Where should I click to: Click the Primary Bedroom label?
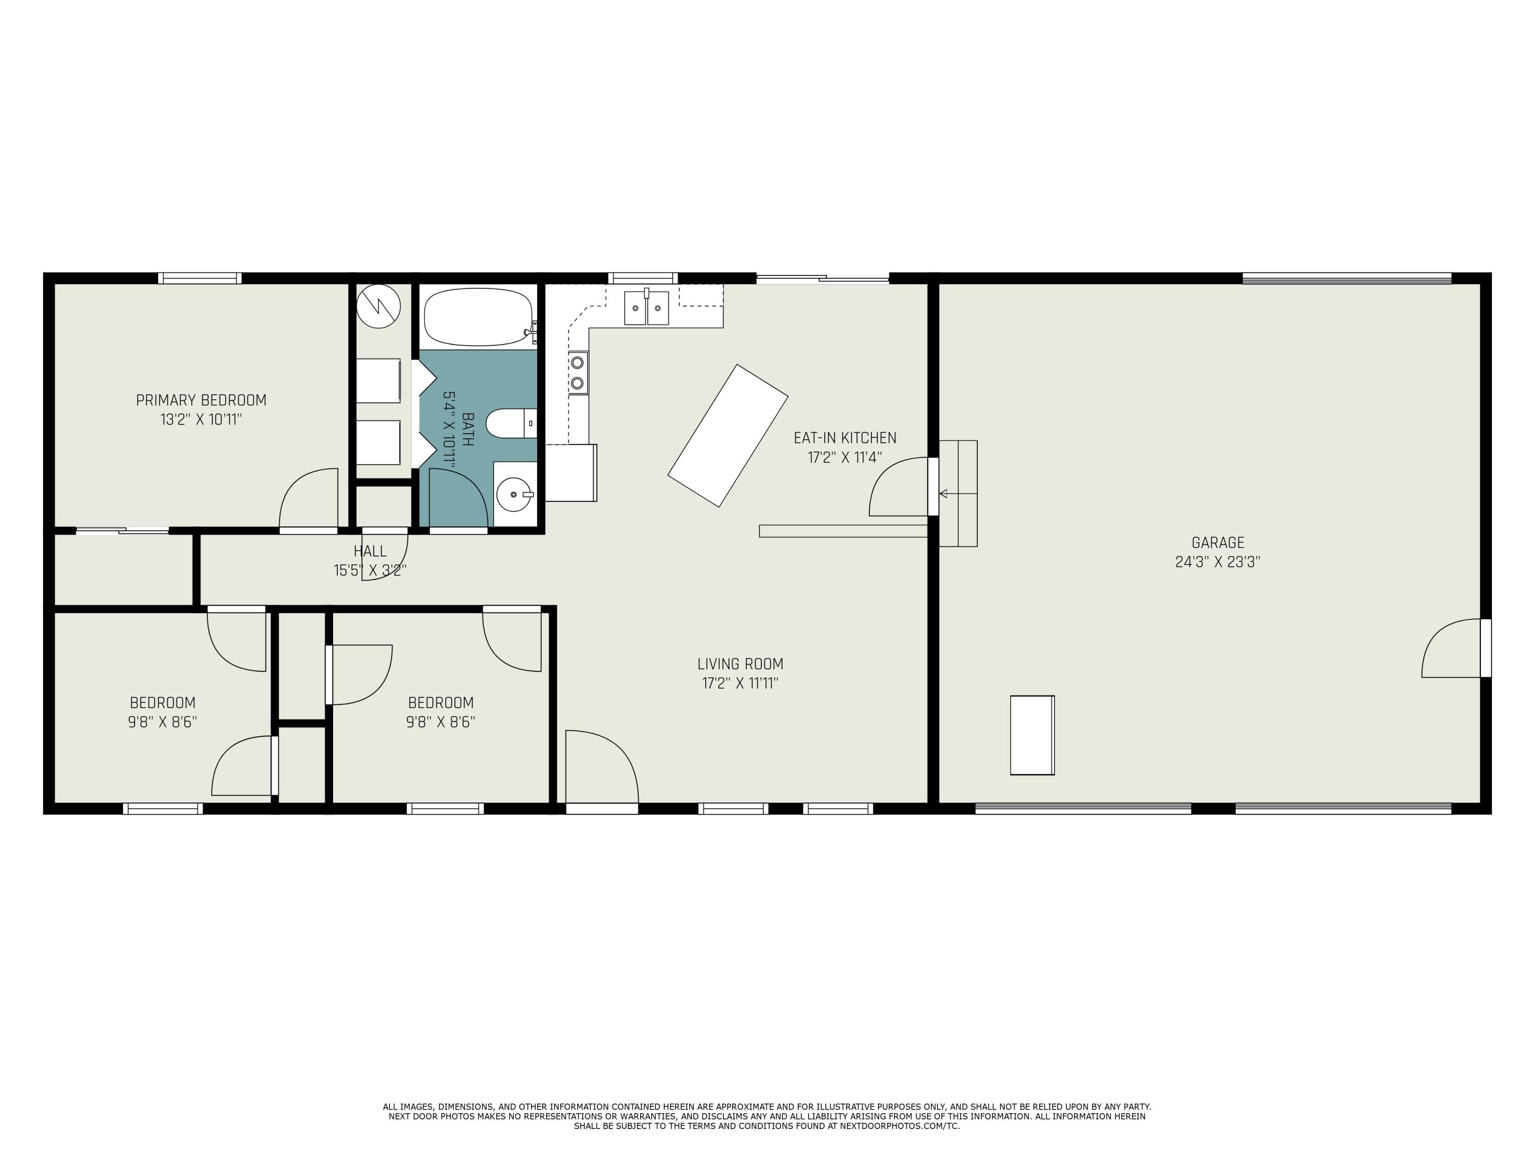click(201, 400)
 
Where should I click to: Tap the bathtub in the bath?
click(477, 317)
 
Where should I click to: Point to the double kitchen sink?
click(646, 308)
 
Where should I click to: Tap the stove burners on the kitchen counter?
click(577, 372)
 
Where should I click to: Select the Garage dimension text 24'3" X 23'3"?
click(1217, 562)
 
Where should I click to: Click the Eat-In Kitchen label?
click(845, 438)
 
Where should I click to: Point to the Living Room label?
click(740, 664)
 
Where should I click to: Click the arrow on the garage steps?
click(944, 494)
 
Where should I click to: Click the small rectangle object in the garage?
click(1032, 735)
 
